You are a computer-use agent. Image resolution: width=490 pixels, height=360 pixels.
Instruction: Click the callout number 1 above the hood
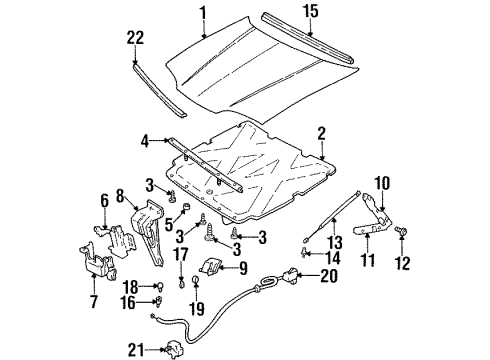click(x=202, y=13)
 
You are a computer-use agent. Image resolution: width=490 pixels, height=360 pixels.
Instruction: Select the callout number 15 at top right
click(x=311, y=13)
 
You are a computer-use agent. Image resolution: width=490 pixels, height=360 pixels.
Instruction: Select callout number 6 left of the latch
click(x=103, y=202)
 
